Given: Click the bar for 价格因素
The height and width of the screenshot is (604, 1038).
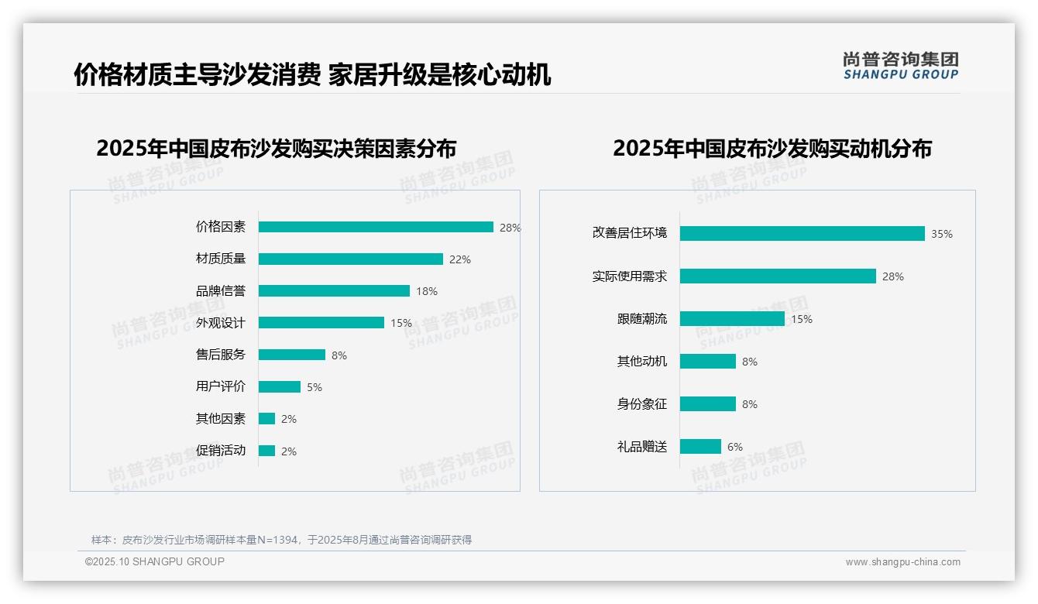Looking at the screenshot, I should tap(376, 227).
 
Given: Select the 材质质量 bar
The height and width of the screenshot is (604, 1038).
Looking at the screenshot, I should tap(351, 259).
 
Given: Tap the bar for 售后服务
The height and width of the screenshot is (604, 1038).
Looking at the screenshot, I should tap(292, 355).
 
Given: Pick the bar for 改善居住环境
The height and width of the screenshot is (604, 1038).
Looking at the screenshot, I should tap(803, 234).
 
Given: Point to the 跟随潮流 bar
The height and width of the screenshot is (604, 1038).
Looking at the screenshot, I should tap(732, 319).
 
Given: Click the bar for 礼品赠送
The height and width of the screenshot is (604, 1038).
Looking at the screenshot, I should tap(700, 447).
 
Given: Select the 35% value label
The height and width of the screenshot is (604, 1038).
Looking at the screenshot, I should tap(942, 234).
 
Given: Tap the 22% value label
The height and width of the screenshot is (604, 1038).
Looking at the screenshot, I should tap(460, 259).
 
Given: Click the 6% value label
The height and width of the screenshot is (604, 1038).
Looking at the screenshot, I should tap(735, 447).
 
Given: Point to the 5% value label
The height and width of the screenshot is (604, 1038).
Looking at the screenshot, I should tap(314, 387).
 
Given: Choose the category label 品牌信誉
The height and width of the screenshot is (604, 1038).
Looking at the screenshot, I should tap(221, 291).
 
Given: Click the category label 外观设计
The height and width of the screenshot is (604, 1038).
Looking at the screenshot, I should tap(221, 323).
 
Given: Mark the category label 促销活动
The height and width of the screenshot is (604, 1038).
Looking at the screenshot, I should tap(221, 451).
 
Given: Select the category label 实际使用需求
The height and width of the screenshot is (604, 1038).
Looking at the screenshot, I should tap(630, 276).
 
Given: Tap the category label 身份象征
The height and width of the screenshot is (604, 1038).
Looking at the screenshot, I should tap(642, 404).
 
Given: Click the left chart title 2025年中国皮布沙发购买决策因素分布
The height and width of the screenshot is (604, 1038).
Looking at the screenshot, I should tap(277, 148).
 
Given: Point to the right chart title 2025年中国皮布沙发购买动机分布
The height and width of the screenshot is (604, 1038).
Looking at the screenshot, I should tap(772, 148).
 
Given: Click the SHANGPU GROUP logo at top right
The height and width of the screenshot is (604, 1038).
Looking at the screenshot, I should tap(901, 66).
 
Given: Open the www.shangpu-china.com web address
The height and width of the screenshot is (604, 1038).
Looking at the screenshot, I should tap(902, 562).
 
